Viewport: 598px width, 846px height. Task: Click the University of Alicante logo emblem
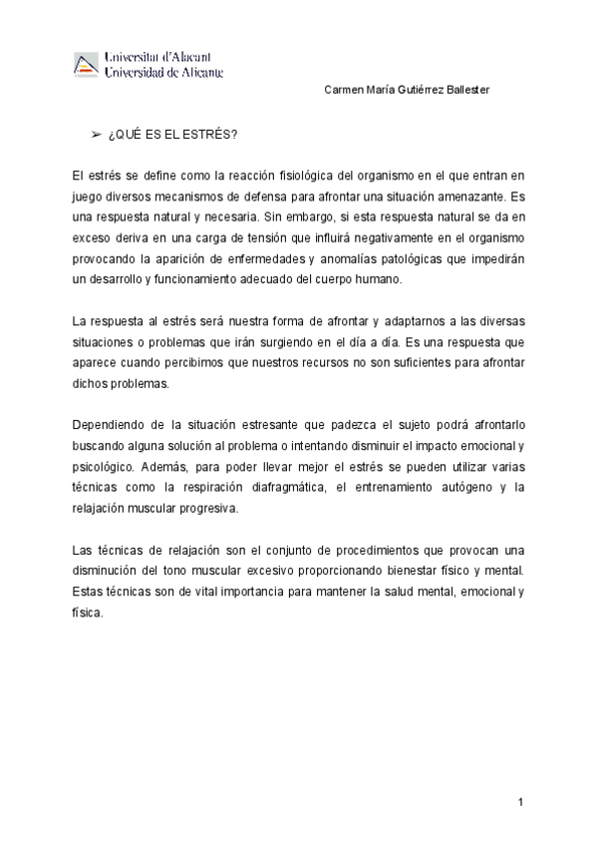(x=87, y=64)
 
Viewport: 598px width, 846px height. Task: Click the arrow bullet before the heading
(x=97, y=134)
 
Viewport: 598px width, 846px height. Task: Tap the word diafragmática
(x=309, y=488)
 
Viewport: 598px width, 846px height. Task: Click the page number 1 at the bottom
(x=520, y=802)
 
